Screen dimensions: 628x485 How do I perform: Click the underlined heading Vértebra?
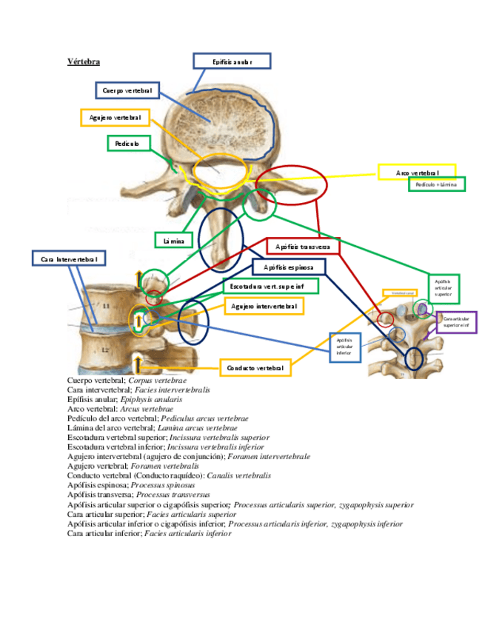coord(83,61)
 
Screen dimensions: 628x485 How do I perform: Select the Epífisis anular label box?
coord(232,62)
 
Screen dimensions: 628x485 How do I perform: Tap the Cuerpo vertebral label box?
coord(127,90)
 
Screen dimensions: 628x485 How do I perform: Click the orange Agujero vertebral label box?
coord(115,117)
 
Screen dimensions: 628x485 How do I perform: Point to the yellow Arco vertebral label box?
coord(416,172)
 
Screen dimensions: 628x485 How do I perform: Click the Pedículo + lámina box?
coord(436,184)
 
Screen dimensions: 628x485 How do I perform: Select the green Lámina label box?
coord(174,240)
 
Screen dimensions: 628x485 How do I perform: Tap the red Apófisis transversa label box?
coord(303,246)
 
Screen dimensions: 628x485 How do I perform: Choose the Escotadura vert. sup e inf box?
coord(272,286)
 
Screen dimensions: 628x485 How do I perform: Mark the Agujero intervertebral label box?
coord(264,306)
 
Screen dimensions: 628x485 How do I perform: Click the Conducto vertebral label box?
coord(255,367)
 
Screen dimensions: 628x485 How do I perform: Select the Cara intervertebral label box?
coord(69,258)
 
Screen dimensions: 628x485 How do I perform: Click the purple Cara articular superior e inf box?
coord(458,321)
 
